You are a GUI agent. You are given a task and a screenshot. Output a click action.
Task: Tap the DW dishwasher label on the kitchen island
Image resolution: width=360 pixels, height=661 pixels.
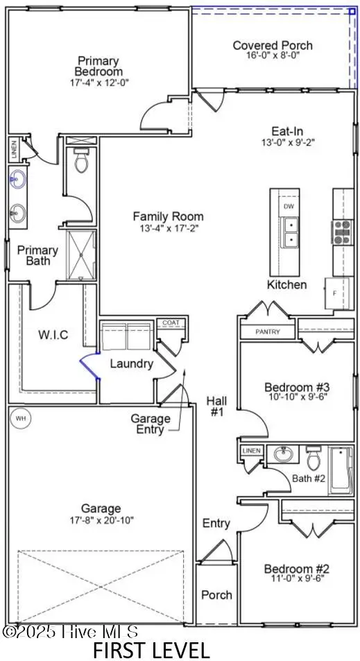(289, 206)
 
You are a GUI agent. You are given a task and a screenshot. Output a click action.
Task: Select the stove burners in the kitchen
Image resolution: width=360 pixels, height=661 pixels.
(342, 232)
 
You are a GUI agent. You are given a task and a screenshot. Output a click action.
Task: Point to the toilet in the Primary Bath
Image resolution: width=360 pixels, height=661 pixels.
(80, 160)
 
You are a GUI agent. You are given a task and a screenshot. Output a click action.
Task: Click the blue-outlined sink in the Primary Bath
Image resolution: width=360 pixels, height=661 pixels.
(18, 179)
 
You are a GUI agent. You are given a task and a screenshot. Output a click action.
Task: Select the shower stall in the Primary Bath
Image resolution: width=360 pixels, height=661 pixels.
(81, 255)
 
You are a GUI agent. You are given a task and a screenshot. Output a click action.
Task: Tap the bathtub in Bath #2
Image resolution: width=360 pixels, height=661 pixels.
(341, 470)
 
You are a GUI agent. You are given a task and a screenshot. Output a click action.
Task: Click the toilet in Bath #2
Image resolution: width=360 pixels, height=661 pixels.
(314, 457)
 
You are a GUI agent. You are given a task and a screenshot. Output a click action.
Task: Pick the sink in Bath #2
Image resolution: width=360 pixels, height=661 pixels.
(283, 454)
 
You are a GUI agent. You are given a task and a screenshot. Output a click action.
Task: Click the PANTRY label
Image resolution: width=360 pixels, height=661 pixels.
(268, 332)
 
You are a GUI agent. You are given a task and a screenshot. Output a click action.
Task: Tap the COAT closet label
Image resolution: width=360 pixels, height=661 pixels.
(171, 323)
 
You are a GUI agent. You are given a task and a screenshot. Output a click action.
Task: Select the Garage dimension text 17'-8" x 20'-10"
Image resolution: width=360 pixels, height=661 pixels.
(101, 520)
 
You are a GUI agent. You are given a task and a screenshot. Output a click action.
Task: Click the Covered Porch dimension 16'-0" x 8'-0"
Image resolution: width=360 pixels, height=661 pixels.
(273, 55)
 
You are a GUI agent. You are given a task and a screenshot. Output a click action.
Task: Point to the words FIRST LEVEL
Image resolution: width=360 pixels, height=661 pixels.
(151, 650)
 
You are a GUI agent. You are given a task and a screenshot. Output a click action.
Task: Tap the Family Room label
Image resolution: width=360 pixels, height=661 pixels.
(168, 216)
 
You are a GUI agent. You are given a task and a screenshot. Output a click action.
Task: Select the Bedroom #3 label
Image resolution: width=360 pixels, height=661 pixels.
(297, 386)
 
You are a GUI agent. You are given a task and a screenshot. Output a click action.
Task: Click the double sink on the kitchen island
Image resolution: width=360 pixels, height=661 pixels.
(290, 233)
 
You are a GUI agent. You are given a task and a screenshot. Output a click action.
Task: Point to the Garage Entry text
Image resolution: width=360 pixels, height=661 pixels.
(151, 424)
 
